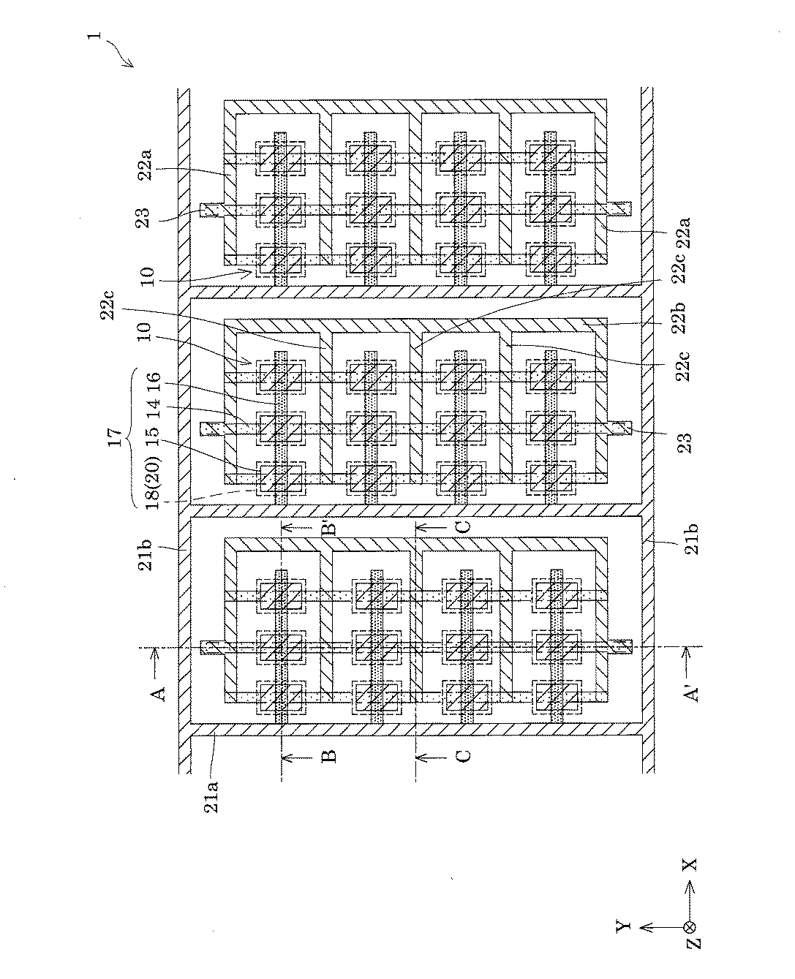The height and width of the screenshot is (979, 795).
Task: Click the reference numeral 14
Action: coord(153,412)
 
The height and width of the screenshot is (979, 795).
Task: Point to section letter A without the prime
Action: coord(162,691)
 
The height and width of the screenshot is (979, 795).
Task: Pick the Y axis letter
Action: coord(623,926)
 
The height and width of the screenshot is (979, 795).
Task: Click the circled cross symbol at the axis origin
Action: coord(688,926)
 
